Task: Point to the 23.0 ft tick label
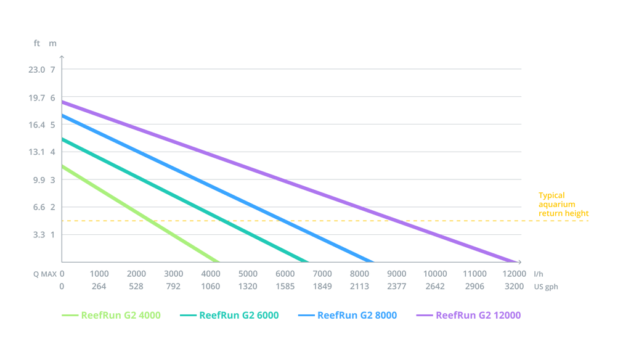click(x=38, y=69)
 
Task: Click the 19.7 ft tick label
click(x=38, y=97)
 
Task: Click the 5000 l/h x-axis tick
click(x=248, y=274)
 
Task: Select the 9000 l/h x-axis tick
click(x=397, y=274)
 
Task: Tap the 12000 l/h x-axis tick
click(x=515, y=274)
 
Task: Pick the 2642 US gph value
click(x=434, y=287)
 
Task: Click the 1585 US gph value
click(x=285, y=287)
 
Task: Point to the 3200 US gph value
click(x=515, y=287)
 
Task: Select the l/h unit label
click(x=539, y=274)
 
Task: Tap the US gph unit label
click(x=546, y=287)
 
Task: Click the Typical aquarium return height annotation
click(x=563, y=203)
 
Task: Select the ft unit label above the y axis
click(x=38, y=43)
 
